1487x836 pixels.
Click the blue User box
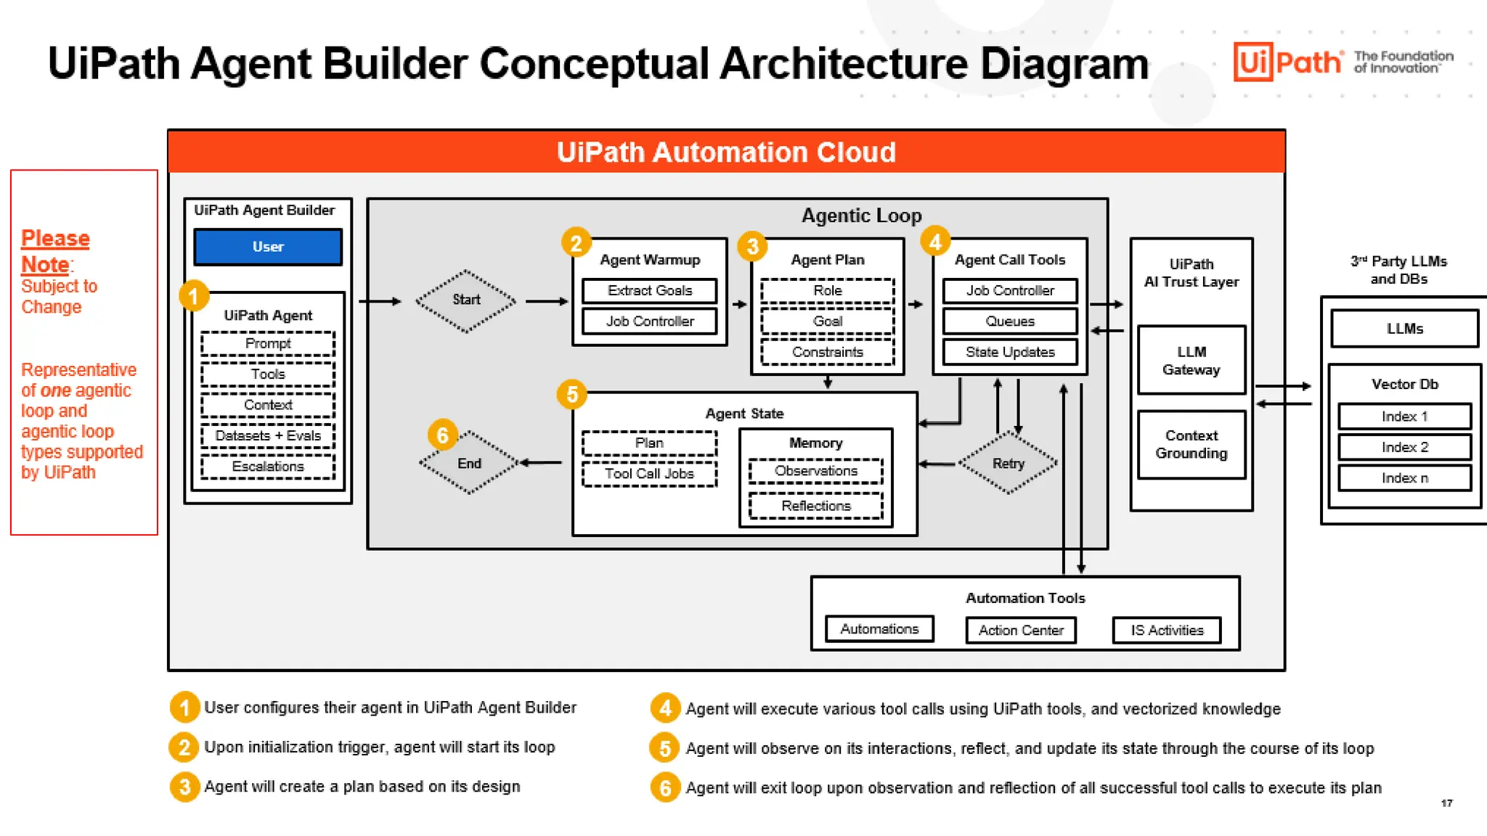tap(268, 247)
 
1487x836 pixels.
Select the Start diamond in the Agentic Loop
tap(466, 300)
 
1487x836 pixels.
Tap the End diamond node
tap(470, 463)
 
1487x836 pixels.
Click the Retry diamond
tap(1009, 463)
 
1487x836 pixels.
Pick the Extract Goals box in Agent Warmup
tap(650, 291)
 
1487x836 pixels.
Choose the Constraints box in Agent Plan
tap(828, 353)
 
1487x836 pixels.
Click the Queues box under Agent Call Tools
tap(1010, 321)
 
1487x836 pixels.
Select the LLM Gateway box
tap(1191, 361)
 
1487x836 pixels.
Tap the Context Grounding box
tap(1191, 444)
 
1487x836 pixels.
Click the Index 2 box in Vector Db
tap(1405, 448)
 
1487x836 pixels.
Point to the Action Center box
tap(1021, 630)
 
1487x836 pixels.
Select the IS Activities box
tap(1167, 630)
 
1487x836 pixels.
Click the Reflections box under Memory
tap(816, 506)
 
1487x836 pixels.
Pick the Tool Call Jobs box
tap(649, 474)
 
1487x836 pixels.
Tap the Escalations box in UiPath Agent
tap(268, 467)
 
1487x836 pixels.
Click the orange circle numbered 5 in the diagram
tap(572, 394)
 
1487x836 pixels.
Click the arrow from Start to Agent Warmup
tap(547, 301)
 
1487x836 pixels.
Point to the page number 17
tap(1447, 803)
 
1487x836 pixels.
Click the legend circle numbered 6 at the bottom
tap(665, 787)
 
